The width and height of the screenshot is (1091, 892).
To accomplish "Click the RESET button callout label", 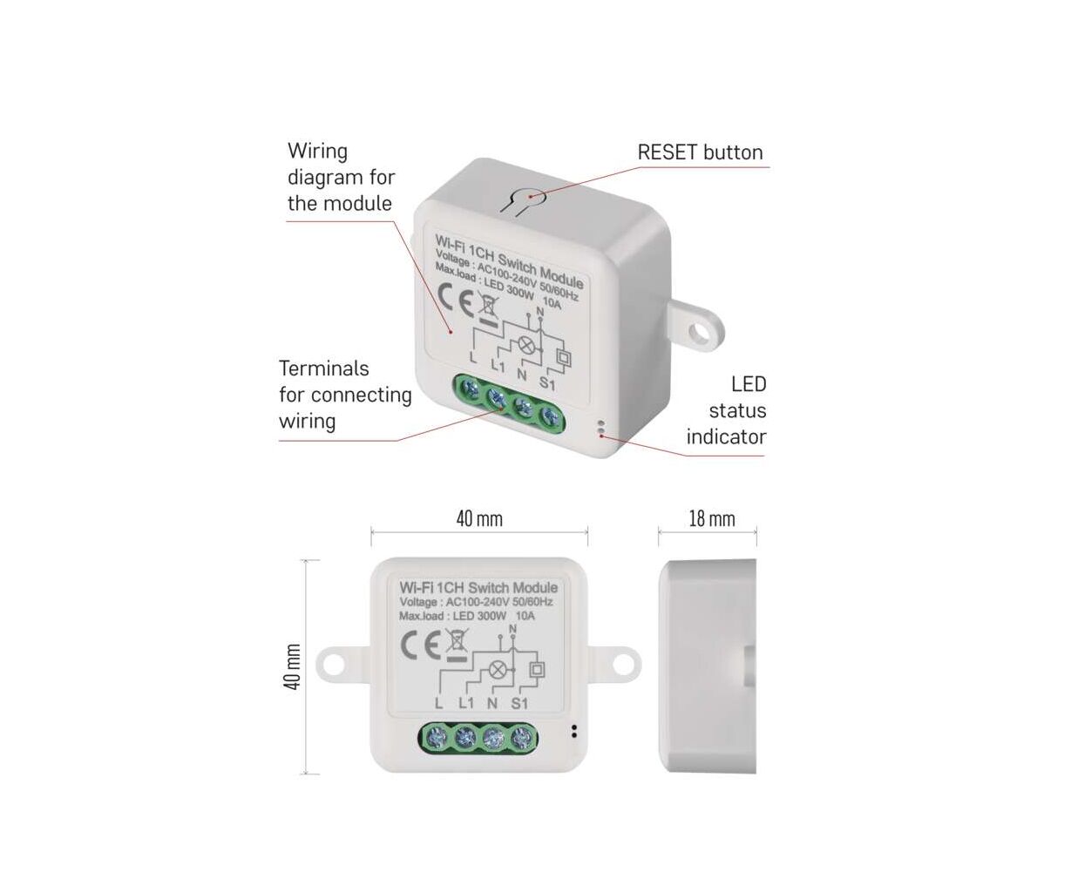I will coord(700,152).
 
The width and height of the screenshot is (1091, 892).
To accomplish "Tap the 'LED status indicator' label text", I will coord(727,410).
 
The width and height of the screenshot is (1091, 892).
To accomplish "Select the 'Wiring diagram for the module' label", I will coord(341,178).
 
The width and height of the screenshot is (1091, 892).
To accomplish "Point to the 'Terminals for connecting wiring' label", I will coord(345,395).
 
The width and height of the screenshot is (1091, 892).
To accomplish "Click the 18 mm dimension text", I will coord(711,519).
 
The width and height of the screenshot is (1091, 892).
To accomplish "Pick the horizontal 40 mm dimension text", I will coord(479,519).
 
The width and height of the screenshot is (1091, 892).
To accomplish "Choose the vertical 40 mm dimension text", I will coord(293,667).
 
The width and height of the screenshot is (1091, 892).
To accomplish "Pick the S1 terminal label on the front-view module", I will coord(519,703).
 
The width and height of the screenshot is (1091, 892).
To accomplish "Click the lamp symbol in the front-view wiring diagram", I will coord(497,670).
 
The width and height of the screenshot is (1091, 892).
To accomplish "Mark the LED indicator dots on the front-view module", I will coord(573,730).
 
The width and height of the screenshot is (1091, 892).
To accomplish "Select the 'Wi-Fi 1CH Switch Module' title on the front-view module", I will coord(478,588).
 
